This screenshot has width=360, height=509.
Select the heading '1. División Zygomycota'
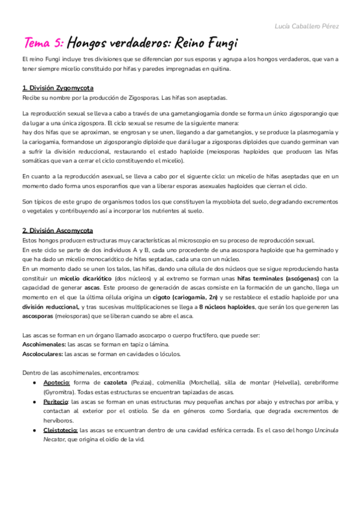[x=58, y=88]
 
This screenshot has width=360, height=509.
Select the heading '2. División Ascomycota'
[x=58, y=230]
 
